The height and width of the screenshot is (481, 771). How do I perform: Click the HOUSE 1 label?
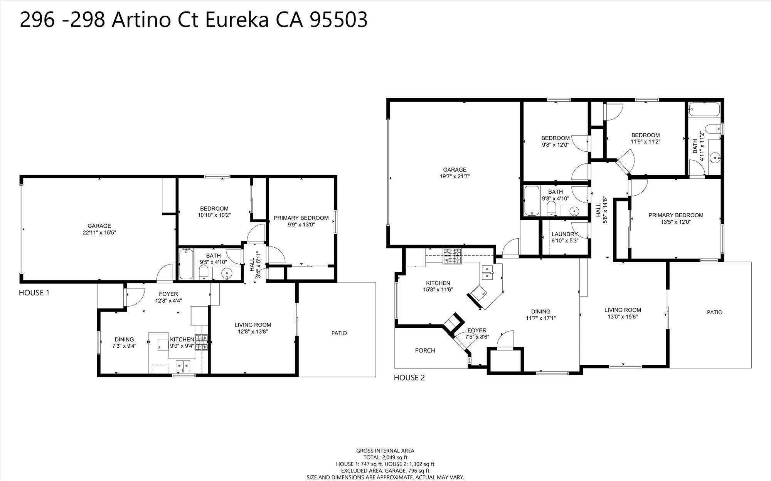click(34, 293)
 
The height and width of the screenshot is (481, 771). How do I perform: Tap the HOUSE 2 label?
click(409, 377)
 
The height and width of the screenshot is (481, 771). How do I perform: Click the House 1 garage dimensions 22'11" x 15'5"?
click(99, 233)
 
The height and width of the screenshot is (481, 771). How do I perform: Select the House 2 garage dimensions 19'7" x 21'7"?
click(455, 176)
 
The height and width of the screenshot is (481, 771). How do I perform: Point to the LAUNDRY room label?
click(564, 234)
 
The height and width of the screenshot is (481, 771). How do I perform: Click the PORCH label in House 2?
click(425, 350)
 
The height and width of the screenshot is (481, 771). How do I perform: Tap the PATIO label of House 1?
click(339, 333)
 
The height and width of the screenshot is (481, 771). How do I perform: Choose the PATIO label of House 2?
click(714, 312)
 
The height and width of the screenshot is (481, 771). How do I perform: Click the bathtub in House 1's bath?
click(186, 264)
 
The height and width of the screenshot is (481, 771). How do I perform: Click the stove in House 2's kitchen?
click(452, 256)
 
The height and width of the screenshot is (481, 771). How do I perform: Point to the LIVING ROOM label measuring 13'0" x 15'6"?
click(623, 310)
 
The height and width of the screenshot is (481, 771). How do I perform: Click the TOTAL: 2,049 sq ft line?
click(385, 458)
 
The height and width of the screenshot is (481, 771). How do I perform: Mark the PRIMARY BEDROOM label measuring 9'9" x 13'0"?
click(301, 218)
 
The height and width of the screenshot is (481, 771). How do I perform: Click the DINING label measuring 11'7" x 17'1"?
click(541, 312)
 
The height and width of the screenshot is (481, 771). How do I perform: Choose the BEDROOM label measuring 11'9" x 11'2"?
click(645, 135)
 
